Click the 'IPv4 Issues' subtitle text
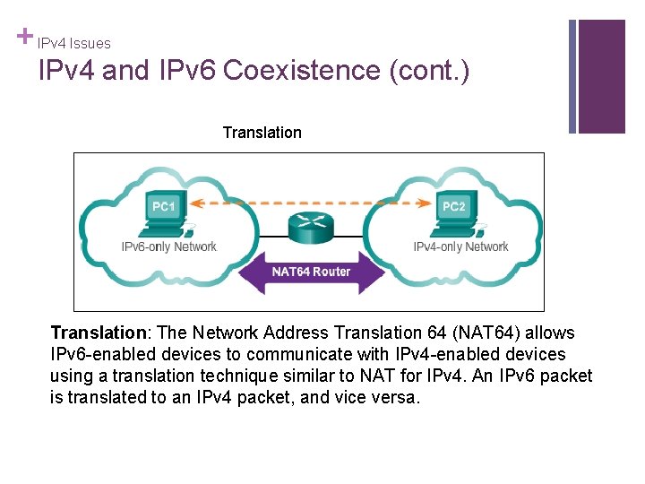[74, 43]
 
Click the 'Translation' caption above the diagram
[262, 133]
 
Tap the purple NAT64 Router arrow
[311, 271]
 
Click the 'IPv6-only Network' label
[169, 246]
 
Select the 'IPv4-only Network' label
[460, 246]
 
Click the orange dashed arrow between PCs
[309, 202]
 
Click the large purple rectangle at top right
[601, 76]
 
